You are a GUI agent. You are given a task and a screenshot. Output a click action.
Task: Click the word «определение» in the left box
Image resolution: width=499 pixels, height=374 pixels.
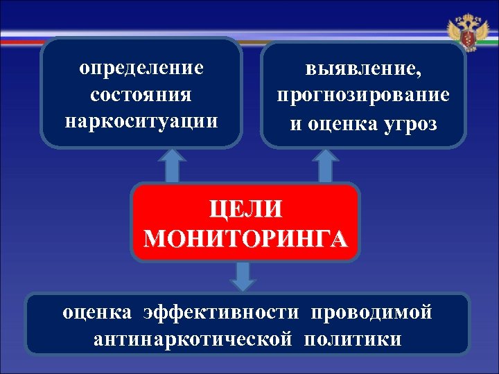click(x=141, y=69)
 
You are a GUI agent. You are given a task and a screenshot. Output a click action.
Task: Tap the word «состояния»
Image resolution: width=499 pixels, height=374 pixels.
click(x=141, y=94)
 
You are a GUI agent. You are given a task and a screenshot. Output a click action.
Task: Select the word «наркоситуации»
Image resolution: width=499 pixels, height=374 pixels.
click(x=141, y=120)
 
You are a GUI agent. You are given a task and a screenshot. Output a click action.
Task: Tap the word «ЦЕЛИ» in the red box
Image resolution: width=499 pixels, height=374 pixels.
click(x=246, y=211)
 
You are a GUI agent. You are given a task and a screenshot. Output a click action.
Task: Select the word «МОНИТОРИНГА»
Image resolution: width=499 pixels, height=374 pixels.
click(x=246, y=238)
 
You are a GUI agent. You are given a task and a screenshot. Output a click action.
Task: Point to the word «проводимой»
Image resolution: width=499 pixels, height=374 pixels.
click(x=371, y=312)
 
